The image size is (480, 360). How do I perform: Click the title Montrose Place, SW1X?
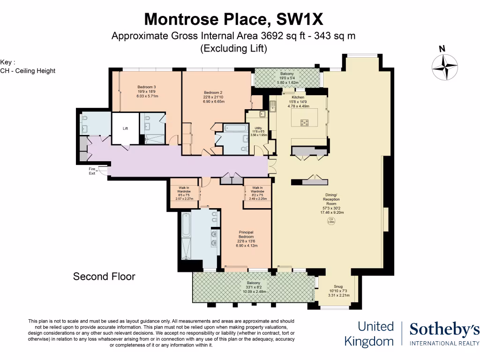[233, 19]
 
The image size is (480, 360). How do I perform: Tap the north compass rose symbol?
[444, 66]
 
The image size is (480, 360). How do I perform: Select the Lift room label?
[125, 128]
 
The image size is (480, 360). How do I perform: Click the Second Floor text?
[104, 277]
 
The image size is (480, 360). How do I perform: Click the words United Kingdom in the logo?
[369, 334]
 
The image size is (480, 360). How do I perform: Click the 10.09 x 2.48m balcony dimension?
[254, 292]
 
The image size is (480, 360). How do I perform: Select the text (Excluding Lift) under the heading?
[233, 48]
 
